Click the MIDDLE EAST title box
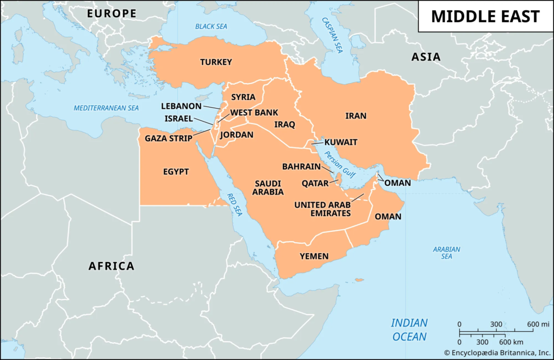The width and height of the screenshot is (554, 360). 485,16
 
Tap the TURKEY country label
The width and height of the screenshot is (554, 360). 216,62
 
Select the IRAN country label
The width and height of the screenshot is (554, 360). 356,116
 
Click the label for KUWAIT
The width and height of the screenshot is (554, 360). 341,143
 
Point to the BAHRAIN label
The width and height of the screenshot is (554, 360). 301,166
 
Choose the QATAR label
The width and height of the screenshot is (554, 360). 315,183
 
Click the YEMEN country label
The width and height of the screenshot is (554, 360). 314,256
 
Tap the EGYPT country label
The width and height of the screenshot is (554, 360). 176,172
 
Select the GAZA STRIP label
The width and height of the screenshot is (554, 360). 168,138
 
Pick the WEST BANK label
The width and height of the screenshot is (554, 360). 254,113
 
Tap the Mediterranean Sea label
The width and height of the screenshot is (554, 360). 107,108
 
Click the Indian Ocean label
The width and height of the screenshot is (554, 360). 409,330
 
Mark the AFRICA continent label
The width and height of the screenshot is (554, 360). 111,266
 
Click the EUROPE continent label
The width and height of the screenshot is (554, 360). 112,13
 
